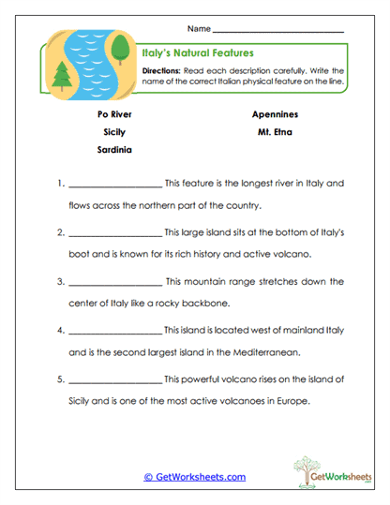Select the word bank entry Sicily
[x=113, y=132]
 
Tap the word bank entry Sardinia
[x=113, y=150]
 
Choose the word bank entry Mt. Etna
[x=275, y=132]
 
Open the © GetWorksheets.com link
[x=195, y=477]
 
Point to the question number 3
[x=59, y=281]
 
